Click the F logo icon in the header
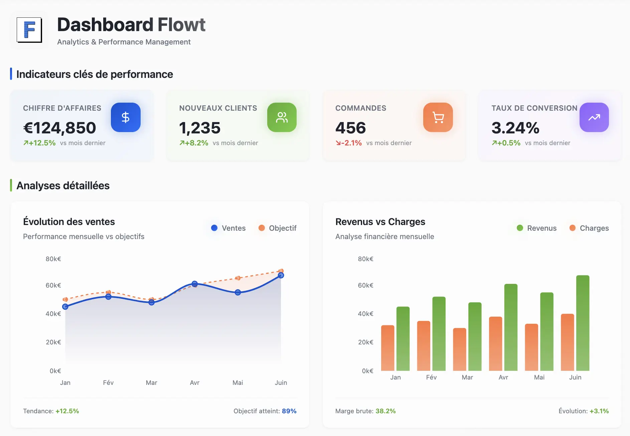[29, 30]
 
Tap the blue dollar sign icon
[126, 117]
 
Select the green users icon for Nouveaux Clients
[282, 117]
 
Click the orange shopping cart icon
[438, 117]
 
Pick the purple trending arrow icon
[594, 117]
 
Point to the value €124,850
[60, 128]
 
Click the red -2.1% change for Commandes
[349, 143]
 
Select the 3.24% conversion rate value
[515, 128]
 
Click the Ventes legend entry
[228, 228]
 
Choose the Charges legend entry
[589, 228]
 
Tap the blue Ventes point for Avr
[195, 284]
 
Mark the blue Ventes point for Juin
[281, 275]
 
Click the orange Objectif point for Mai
[238, 278]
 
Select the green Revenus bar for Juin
[583, 323]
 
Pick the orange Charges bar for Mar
[459, 349]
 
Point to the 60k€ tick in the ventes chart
[53, 285]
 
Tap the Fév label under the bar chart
[431, 377]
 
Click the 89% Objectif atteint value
[289, 411]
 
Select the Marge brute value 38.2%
[385, 411]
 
